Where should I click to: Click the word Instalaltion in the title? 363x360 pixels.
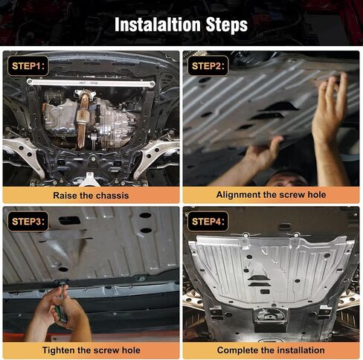point(158,25)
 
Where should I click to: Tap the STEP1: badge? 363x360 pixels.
point(28,66)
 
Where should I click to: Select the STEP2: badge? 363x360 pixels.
point(208,66)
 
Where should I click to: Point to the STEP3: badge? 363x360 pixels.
point(28,222)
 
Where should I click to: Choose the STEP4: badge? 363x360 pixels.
point(208,222)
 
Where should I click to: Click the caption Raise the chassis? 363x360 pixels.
point(91,196)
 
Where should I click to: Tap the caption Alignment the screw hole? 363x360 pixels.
point(271,195)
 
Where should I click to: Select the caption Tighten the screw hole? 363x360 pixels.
point(91,350)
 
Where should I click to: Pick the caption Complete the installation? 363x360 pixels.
point(271,350)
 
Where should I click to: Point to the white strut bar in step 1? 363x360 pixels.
point(91,83)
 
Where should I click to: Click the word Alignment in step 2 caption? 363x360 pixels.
point(238,195)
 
